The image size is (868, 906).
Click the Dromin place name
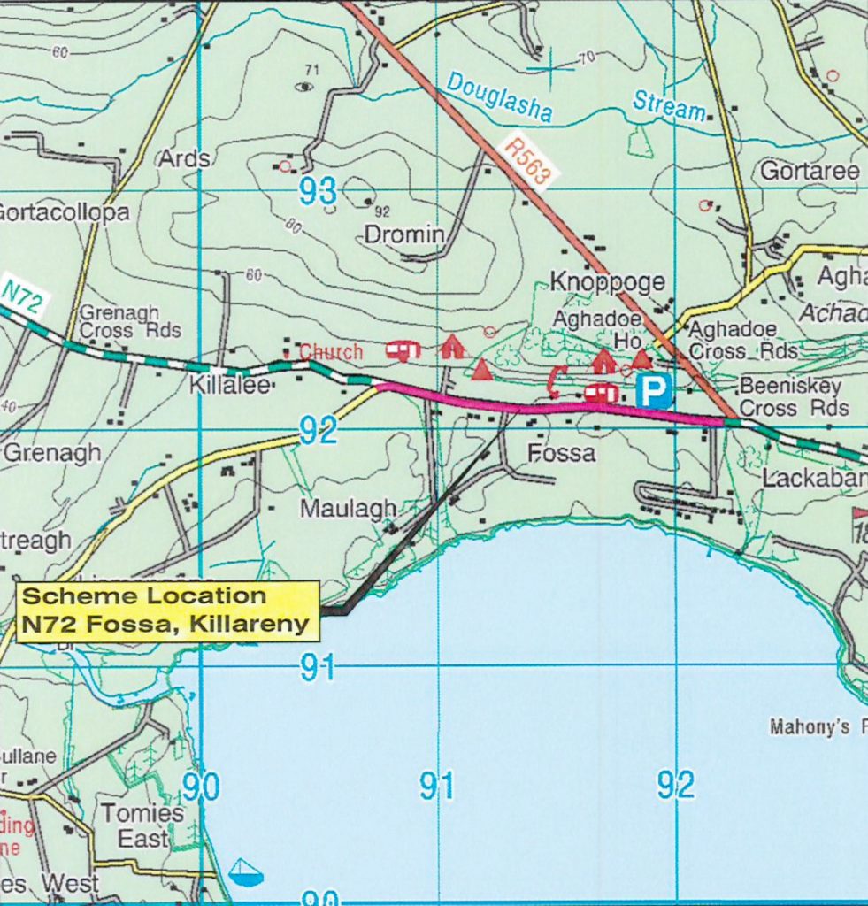[x=403, y=234]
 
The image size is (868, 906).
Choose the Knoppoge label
[x=607, y=282]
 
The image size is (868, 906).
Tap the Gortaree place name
[x=810, y=172]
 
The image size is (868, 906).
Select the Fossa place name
[x=561, y=453]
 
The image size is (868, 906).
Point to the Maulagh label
[x=348, y=509]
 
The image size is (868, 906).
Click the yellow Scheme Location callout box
[x=167, y=610]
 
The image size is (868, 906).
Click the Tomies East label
[x=142, y=825]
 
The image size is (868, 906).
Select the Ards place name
[x=184, y=159]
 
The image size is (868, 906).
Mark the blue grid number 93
[x=318, y=191]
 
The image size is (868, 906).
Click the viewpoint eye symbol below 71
[x=305, y=87]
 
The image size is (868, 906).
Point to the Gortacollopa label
[x=64, y=212]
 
